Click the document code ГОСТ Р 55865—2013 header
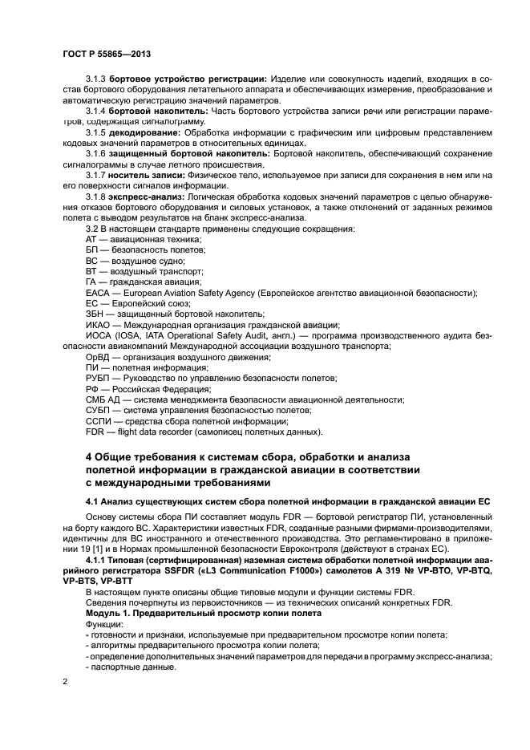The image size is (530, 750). pos(107,53)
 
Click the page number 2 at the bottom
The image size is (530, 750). pos(66,683)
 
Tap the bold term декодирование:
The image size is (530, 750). pos(144,131)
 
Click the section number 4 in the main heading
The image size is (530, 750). pos(89,457)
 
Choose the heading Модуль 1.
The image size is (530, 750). pos(111,613)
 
